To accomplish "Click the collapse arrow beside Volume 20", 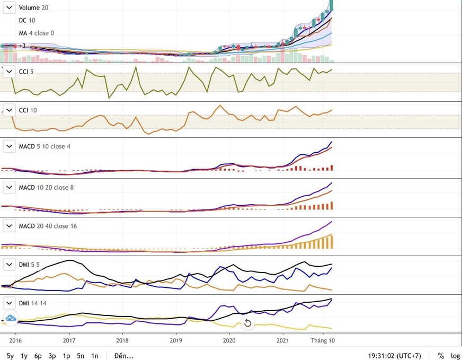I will click(9, 7).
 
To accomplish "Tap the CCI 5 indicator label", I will click(26, 72).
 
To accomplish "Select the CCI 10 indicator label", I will click(28, 110).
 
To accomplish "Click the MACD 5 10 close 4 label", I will click(45, 146).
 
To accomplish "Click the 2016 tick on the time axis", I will click(15, 340).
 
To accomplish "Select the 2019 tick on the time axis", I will click(176, 340).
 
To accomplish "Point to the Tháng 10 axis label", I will click(323, 340).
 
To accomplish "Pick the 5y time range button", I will click(10, 356).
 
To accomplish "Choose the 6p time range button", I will click(38, 356).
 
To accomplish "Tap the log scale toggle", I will click(455, 356).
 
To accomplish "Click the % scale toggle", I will click(441, 356).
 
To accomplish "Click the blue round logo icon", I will click(10, 318).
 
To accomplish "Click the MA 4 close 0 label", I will click(37, 33).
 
